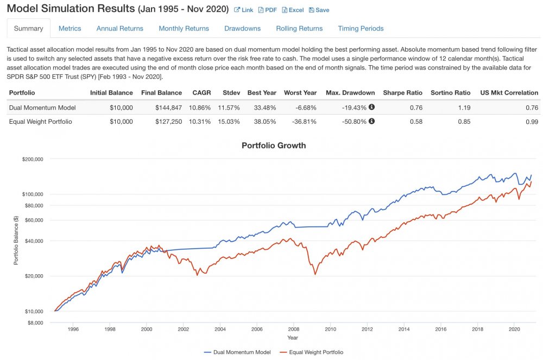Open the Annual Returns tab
tap(119, 28)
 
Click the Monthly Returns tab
tap(184, 28)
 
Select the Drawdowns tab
tap(242, 28)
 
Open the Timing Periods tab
tap(361, 28)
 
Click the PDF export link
tap(267, 10)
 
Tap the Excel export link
tap(293, 10)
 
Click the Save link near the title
tap(319, 10)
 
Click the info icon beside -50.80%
tap(371, 121)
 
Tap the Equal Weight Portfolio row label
tap(41, 121)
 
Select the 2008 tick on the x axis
tap(294, 329)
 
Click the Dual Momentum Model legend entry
tap(237, 352)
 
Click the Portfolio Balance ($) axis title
tap(16, 240)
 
